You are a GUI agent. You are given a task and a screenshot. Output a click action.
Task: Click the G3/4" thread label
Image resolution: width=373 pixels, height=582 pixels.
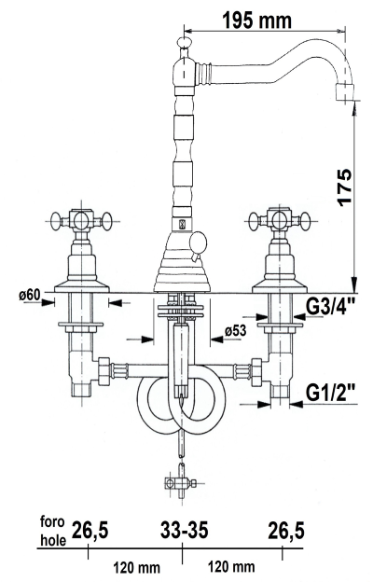(330, 305)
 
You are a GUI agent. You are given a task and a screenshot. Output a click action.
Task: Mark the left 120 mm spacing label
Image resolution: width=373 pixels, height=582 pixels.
(136, 566)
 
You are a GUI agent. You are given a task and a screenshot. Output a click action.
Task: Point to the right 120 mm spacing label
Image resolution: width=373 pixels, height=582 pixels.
(232, 566)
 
